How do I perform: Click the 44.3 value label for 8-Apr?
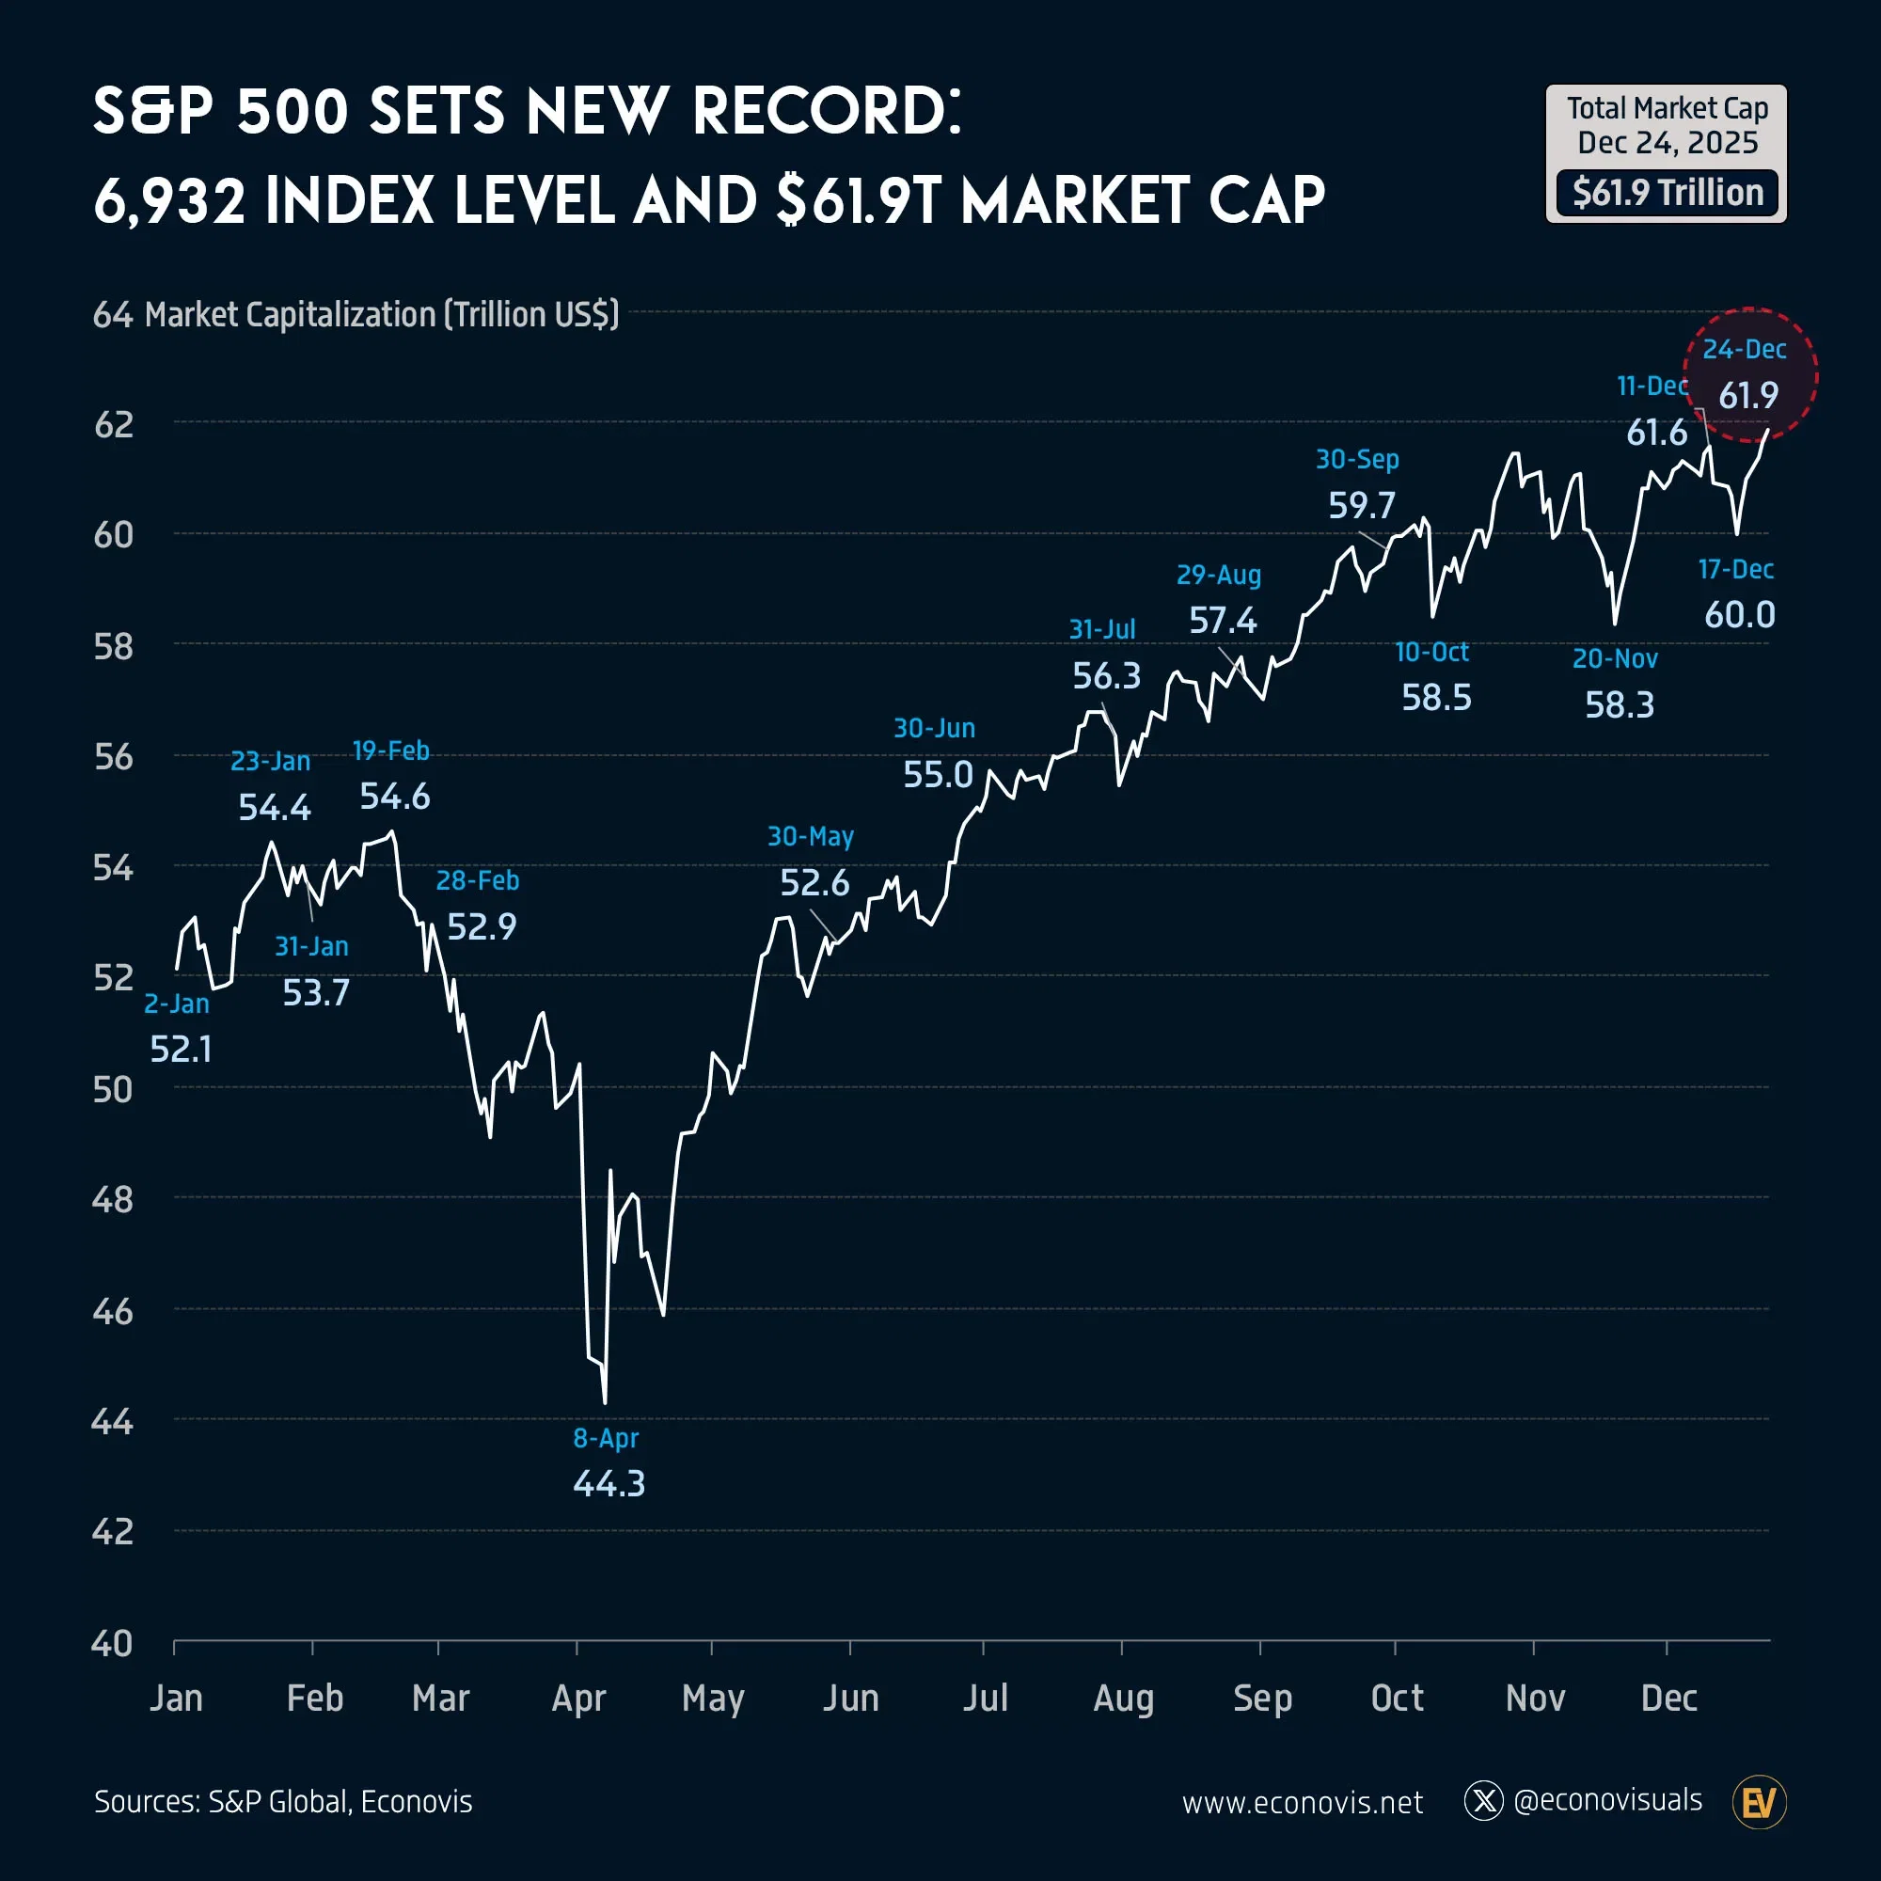[609, 1484]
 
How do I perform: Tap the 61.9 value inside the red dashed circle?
[1747, 395]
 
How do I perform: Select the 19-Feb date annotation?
[390, 751]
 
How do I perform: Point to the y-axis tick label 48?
[113, 1199]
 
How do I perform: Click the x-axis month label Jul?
[986, 1698]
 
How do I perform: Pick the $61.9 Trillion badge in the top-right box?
[1667, 193]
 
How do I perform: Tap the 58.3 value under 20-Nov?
[1620, 704]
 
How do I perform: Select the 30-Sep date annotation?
[1357, 460]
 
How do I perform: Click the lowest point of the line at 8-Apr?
[605, 1403]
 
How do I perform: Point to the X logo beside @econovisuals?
[1484, 1801]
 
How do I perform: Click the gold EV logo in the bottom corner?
[1759, 1802]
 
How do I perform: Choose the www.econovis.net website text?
[1302, 1803]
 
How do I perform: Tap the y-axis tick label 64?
[113, 315]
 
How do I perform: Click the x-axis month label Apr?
[578, 1698]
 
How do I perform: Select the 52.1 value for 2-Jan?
[181, 1050]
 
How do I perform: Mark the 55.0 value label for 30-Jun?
[938, 775]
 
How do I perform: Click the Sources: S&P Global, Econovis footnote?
[283, 1802]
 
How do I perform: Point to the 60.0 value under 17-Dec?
[1739, 615]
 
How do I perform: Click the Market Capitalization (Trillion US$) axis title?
[382, 315]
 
